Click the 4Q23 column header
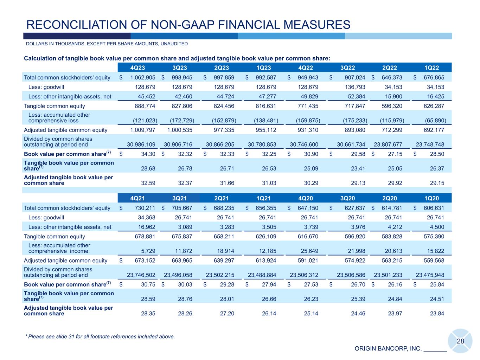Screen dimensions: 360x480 pyautogui.click(x=137, y=68)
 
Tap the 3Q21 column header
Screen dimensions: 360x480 pyautogui.click(x=180, y=198)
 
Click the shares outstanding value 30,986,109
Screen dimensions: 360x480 pyautogui.click(x=141, y=144)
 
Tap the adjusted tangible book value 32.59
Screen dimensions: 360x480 pyautogui.click(x=148, y=183)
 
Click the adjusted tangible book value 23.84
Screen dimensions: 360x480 pyautogui.click(x=437, y=313)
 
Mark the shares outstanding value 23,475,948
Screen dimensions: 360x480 pyautogui.click(x=430, y=275)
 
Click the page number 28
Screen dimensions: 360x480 pyautogui.click(x=460, y=341)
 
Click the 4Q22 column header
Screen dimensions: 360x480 pyautogui.click(x=306, y=68)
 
